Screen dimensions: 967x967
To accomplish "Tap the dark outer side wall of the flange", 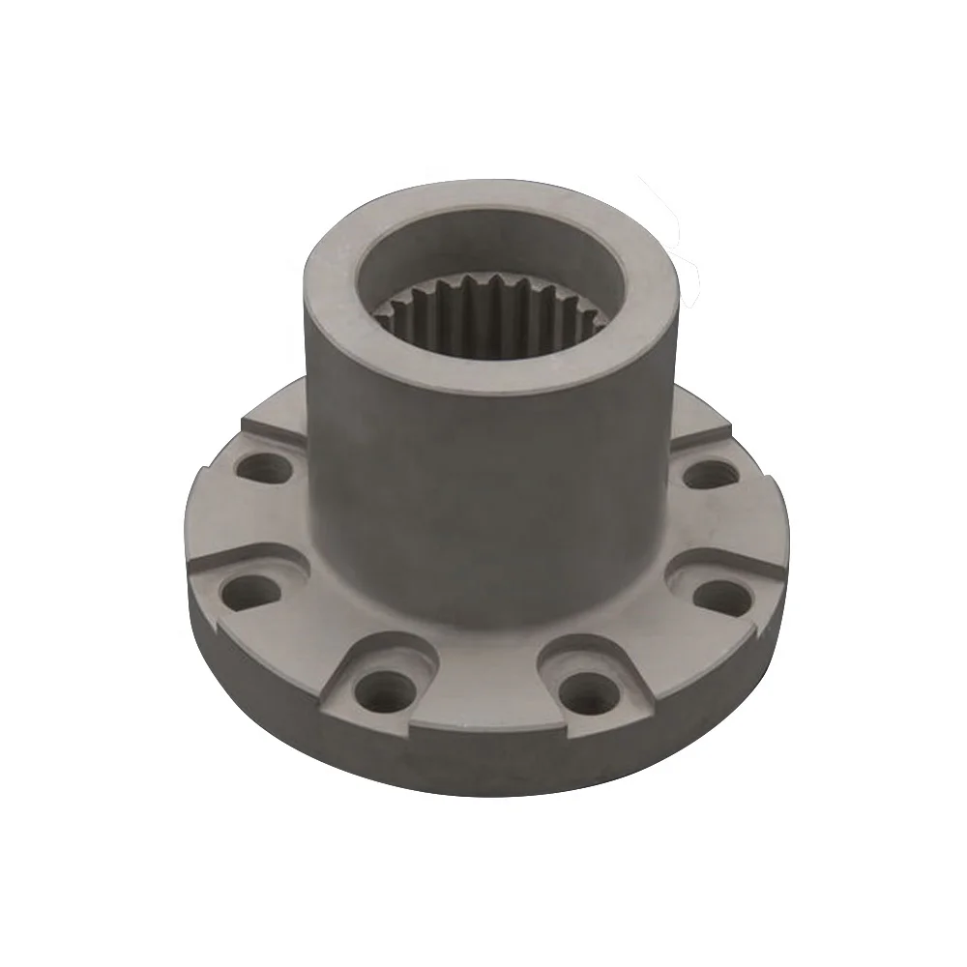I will [x=483, y=764].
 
